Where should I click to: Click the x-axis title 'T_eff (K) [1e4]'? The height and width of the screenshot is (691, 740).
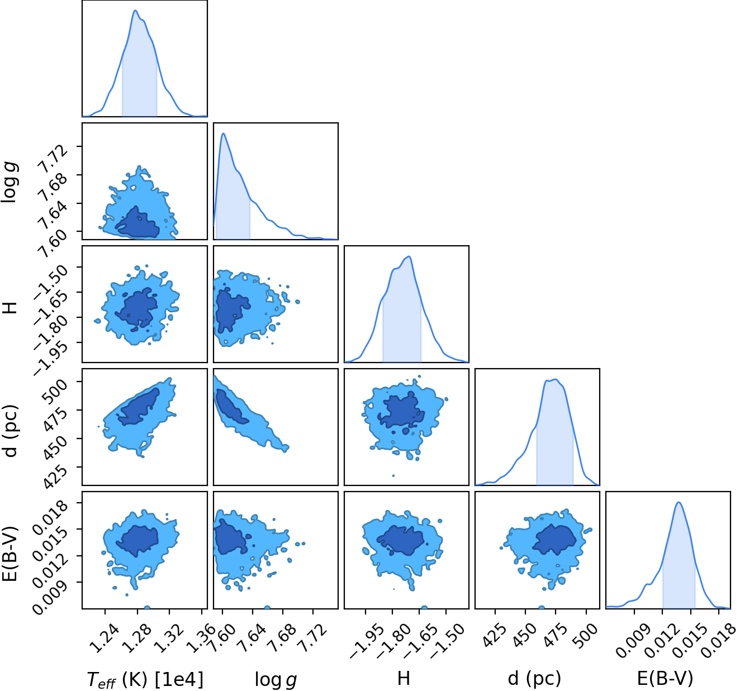[145, 679]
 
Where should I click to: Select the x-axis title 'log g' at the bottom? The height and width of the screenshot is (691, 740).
[276, 679]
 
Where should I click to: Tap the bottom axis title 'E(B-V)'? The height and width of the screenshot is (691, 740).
[665, 679]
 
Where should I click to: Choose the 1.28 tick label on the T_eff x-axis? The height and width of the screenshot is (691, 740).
[137, 638]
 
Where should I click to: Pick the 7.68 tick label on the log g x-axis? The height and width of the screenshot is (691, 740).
[282, 638]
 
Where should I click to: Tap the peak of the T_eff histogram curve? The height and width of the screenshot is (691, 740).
[136, 11]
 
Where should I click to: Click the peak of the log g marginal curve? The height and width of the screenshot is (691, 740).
[223, 134]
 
